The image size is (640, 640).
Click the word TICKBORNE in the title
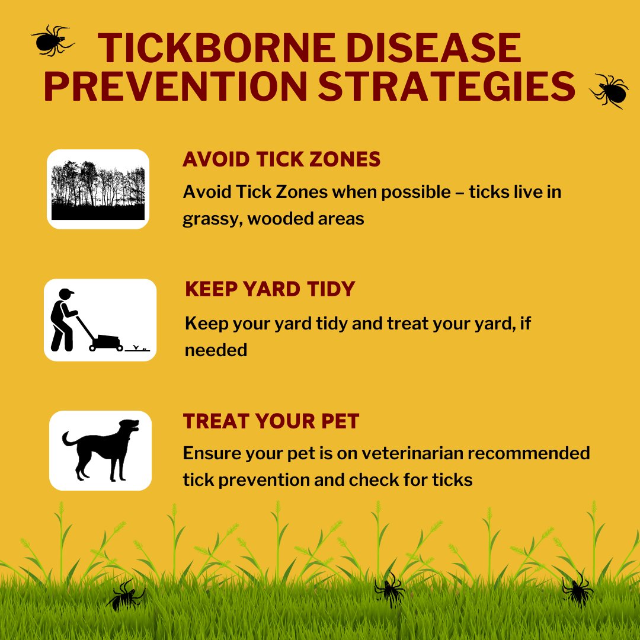(x=217, y=48)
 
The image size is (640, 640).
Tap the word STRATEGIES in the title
(x=447, y=86)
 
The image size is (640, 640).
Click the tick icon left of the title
(x=52, y=40)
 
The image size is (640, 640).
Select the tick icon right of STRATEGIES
(x=609, y=91)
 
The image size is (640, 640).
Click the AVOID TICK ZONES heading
(x=281, y=159)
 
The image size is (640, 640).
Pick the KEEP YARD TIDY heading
(x=270, y=289)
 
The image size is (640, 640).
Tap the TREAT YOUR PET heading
(x=271, y=421)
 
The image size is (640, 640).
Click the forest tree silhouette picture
(x=98, y=190)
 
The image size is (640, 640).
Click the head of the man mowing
(x=65, y=293)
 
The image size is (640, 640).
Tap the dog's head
(x=129, y=427)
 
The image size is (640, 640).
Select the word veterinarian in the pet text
(x=412, y=453)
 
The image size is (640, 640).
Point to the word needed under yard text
(x=216, y=350)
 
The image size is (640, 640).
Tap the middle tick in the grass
(x=390, y=588)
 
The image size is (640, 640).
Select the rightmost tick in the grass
(x=577, y=589)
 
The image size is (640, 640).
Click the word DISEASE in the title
(x=434, y=48)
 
